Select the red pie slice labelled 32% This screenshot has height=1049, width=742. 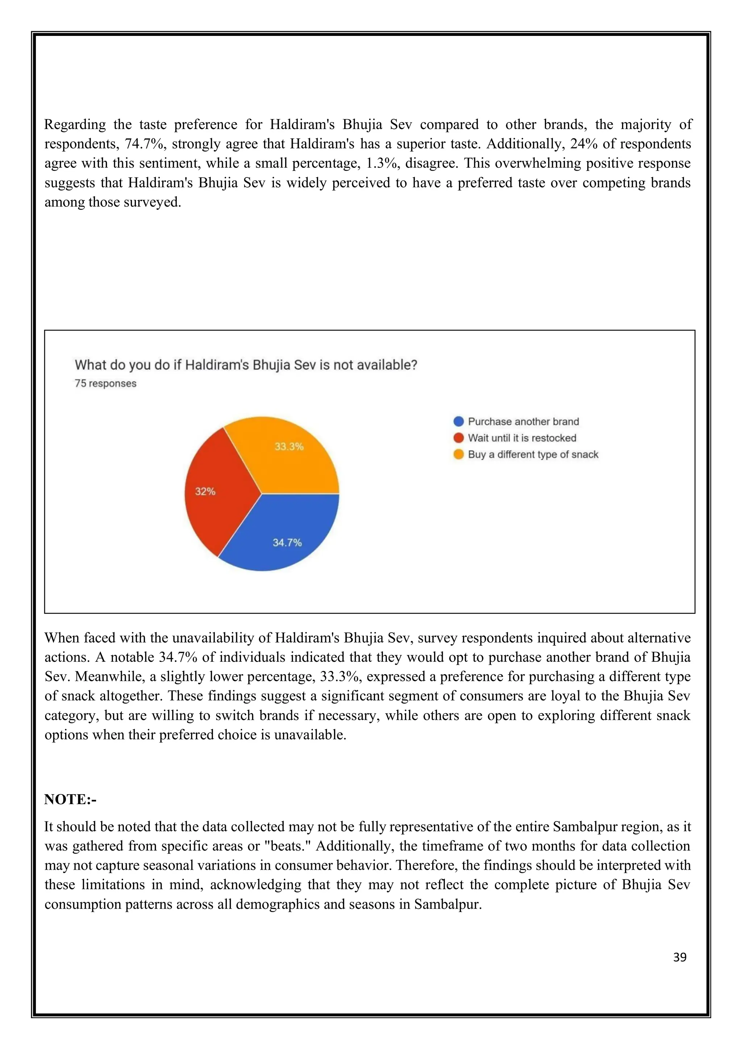pyautogui.click(x=215, y=493)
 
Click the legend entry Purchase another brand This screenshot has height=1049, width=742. pyautogui.click(x=523, y=421)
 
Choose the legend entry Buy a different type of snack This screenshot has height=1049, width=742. pyautogui.click(x=533, y=454)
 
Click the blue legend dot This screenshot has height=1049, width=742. pyautogui.click(x=458, y=421)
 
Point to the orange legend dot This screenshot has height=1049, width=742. pyautogui.click(x=458, y=454)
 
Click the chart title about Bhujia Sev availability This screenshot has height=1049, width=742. pyautogui.click(x=246, y=365)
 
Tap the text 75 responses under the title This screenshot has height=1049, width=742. pyautogui.click(x=105, y=383)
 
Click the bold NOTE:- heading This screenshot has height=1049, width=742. pyautogui.click(x=70, y=799)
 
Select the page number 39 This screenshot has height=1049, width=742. pyautogui.click(x=679, y=957)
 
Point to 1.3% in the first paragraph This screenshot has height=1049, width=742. pyautogui.click(x=383, y=163)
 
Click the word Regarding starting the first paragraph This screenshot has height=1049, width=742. pyautogui.click(x=75, y=124)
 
